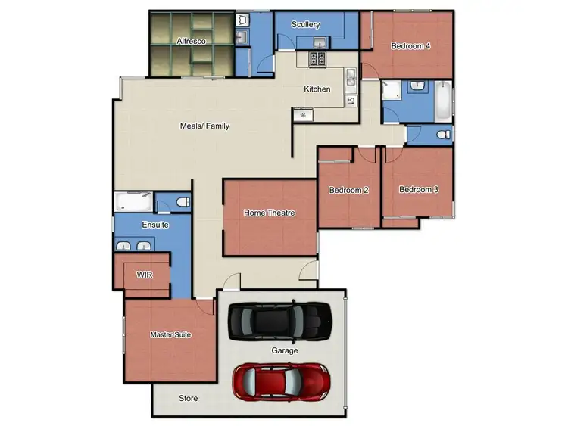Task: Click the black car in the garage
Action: [280, 322]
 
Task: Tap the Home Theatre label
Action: [269, 213]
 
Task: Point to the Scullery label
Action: [305, 25]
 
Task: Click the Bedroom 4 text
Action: [410, 46]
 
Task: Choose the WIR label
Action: [144, 275]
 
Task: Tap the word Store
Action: [188, 398]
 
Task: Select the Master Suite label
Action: [170, 334]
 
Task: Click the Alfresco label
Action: [191, 42]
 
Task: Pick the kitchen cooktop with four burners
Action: [317, 59]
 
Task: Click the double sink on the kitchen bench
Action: [351, 77]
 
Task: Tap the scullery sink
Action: [320, 42]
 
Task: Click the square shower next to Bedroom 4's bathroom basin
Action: [392, 92]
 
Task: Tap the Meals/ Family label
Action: [204, 126]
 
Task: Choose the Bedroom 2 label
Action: [348, 190]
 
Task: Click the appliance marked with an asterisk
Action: [303, 116]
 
